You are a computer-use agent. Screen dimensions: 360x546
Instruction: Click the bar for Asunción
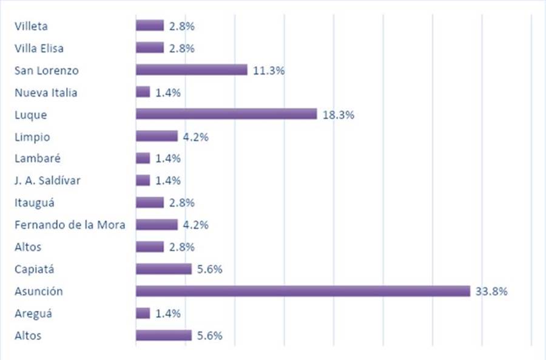tap(303, 291)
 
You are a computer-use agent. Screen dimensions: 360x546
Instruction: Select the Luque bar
tap(226, 114)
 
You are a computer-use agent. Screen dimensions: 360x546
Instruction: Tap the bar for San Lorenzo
tap(192, 70)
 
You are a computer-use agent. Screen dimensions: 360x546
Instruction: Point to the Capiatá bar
tap(164, 269)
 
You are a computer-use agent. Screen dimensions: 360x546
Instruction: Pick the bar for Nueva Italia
tap(143, 92)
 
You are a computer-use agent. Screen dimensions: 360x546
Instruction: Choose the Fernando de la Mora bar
tap(157, 225)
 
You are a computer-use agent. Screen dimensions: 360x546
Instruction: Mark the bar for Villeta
tap(150, 25)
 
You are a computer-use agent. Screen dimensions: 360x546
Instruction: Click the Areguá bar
tap(143, 313)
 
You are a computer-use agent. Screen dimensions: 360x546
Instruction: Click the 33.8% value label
tap(491, 291)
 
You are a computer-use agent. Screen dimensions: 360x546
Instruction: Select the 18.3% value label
tap(338, 115)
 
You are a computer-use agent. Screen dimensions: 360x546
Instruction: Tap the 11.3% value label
tap(268, 70)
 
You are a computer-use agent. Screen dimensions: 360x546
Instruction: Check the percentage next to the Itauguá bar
tap(181, 203)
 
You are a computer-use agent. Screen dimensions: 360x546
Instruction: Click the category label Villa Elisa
tap(39, 48)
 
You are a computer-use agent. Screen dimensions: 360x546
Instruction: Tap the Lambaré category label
tap(38, 158)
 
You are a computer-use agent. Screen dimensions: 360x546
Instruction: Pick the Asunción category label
tap(39, 291)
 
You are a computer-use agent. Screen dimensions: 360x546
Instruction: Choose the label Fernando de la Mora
tap(70, 225)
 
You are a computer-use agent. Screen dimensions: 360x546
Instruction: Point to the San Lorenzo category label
tap(47, 70)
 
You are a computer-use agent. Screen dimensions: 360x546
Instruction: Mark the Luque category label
tap(31, 115)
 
